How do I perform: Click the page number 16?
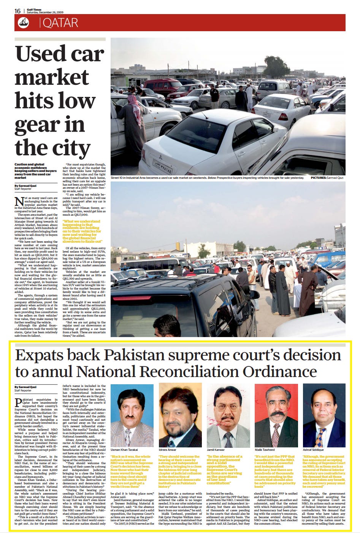[x=17, y=11]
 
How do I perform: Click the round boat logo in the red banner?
[x=24, y=23]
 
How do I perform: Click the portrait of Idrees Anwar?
[x=180, y=415]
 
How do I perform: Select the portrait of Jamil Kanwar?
[x=228, y=415]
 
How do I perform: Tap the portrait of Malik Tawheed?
[x=276, y=415]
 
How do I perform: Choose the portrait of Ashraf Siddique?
[x=324, y=415]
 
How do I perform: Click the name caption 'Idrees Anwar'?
[x=168, y=450]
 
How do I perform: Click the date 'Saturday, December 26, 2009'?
[x=45, y=12]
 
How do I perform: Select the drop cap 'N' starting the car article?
[x=18, y=201]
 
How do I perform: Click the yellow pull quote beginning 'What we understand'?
[x=82, y=231]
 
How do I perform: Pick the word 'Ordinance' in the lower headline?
[x=280, y=371]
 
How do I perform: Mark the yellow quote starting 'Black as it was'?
[x=130, y=471]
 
